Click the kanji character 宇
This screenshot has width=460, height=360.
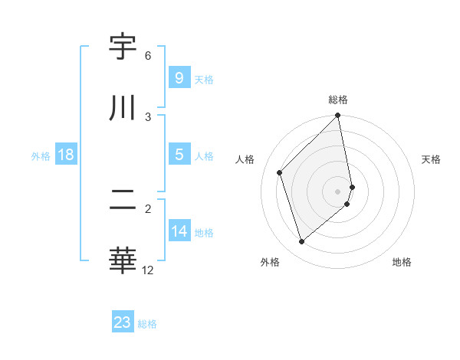[x=123, y=47]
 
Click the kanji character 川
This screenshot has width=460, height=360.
[x=123, y=108]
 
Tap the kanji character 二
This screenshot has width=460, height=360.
[x=123, y=200]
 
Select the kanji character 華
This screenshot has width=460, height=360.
[x=123, y=260]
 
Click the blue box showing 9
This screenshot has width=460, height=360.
[x=179, y=77]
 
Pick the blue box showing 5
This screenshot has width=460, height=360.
[x=179, y=155]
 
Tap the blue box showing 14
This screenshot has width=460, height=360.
[x=179, y=231]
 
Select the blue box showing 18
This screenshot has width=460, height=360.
[x=66, y=155]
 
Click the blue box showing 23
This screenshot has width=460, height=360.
[x=123, y=322]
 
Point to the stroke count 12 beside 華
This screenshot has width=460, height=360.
[x=148, y=270]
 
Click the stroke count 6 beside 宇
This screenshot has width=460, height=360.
[x=148, y=56]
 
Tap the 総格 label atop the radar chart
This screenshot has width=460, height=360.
[x=338, y=100]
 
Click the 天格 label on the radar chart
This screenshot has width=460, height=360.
[x=431, y=159]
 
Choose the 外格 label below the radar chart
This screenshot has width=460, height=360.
[x=269, y=262]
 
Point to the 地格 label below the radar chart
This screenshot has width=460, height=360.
[x=402, y=262]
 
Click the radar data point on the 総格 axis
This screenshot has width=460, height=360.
[x=338, y=116]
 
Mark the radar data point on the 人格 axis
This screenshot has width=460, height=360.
[x=280, y=172]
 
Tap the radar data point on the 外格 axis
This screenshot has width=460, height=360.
[x=301, y=242]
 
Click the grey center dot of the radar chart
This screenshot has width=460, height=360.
[x=338, y=191]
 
